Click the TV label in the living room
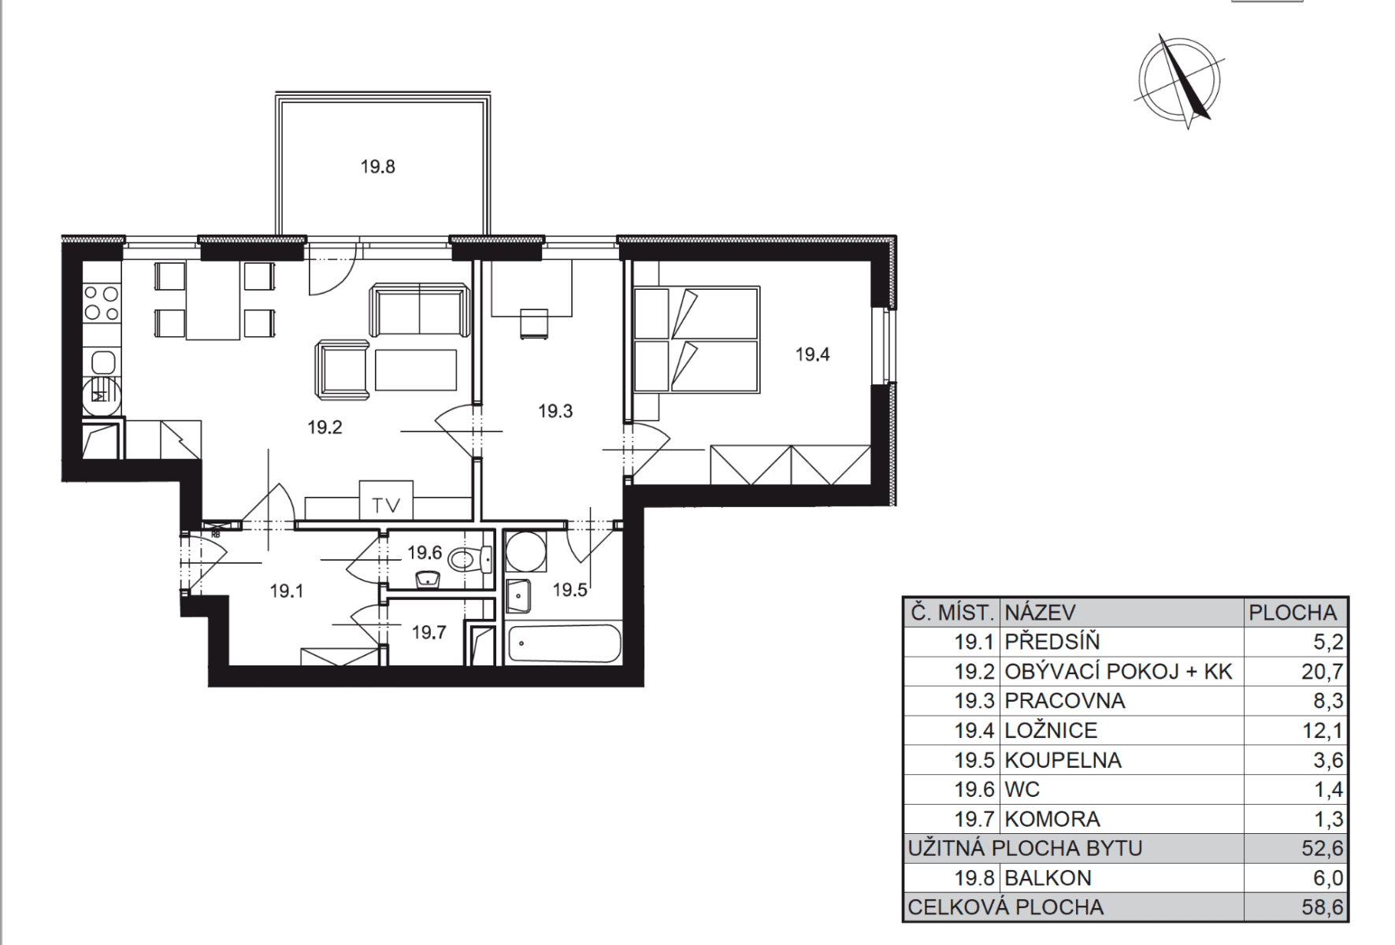[x=386, y=506]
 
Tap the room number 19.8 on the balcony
[x=378, y=167]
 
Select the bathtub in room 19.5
[x=564, y=644]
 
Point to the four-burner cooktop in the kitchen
[x=102, y=303]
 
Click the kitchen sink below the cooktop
[x=103, y=363]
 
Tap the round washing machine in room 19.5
[x=525, y=552]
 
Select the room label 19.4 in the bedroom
[x=812, y=354]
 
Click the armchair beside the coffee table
[x=343, y=370]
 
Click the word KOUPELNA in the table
[x=1063, y=761]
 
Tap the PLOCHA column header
[x=1292, y=613]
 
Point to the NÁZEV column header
[x=1040, y=613]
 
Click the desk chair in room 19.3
[x=534, y=324]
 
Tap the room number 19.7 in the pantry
[x=429, y=632]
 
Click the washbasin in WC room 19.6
[x=428, y=580]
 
